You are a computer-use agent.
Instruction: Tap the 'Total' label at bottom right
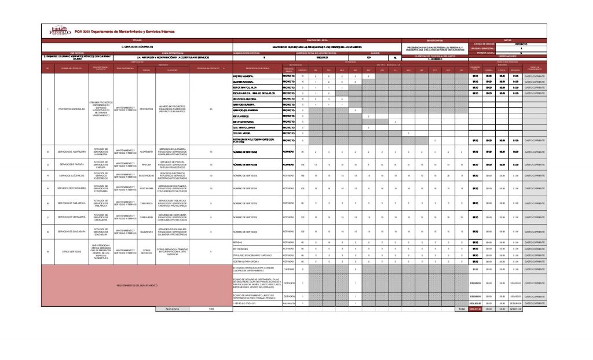pyautogui.click(x=461, y=309)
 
